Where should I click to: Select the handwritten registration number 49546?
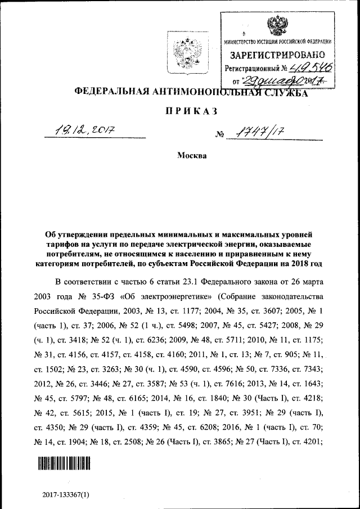click(308, 69)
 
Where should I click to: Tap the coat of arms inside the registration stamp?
click(276, 25)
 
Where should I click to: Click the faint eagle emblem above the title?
click(182, 50)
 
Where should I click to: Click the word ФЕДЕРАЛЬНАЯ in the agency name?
click(108, 92)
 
